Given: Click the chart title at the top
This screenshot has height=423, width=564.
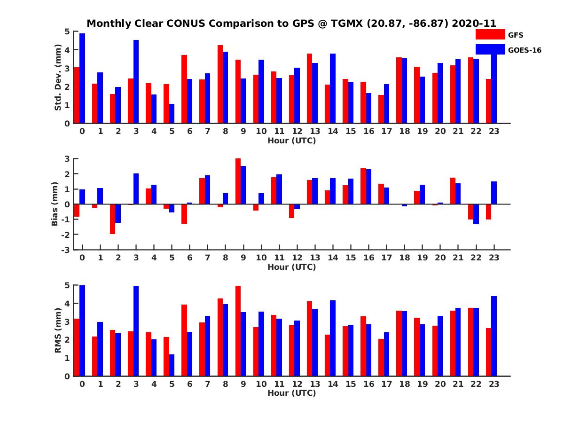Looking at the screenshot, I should tap(291, 23).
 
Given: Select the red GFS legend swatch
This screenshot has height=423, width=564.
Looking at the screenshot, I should tap(490, 34).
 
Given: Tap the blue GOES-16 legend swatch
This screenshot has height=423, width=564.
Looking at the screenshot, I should tap(490, 49).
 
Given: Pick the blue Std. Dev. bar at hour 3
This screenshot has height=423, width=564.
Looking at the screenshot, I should tap(136, 82).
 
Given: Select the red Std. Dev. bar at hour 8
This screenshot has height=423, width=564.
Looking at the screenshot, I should tap(220, 84).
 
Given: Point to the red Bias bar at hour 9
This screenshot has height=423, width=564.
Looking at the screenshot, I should tap(238, 181).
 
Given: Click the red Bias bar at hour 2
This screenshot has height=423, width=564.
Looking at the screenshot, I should tap(113, 219).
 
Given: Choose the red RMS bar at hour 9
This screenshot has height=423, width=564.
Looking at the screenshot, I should tap(238, 331).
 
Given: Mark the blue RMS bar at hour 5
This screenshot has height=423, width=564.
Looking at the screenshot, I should tap(172, 365).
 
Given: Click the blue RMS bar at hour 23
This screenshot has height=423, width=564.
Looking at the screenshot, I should tap(494, 336).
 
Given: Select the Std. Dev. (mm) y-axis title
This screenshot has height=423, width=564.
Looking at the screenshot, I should tap(58, 78).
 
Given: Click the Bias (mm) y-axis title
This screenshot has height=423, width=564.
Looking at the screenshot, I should tap(55, 204).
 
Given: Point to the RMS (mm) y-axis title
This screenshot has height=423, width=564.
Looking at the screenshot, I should tap(58, 330).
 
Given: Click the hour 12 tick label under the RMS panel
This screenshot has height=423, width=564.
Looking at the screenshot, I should tap(297, 384).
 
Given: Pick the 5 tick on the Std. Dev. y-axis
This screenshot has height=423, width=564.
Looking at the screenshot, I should tap(68, 31).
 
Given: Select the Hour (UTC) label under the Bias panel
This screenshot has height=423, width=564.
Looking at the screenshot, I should tap(291, 267).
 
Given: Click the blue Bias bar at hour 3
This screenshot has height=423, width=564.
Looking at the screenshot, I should tap(136, 189).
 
